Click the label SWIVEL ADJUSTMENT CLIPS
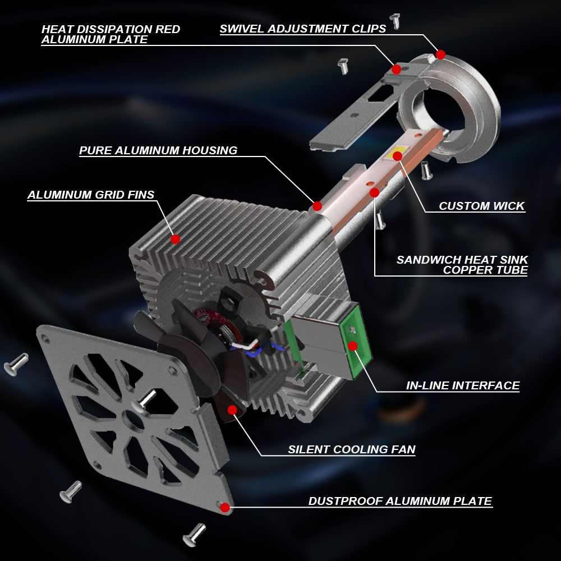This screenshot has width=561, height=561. (303, 29)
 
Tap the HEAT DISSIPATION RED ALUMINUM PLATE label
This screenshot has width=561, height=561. (111, 34)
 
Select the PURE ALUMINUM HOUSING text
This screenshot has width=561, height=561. (158, 150)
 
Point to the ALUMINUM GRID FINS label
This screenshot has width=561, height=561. (91, 195)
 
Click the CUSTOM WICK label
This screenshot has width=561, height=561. (481, 206)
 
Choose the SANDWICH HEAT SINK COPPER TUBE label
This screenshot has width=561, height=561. (462, 265)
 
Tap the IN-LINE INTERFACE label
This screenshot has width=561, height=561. (463, 385)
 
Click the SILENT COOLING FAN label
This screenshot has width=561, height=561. (352, 449)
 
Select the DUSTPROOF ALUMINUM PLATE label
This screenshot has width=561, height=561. (401, 501)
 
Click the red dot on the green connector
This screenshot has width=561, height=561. (353, 346)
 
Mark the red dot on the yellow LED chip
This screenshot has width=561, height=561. (398, 156)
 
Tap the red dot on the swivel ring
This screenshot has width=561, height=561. (441, 55)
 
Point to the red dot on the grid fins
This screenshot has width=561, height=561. (175, 239)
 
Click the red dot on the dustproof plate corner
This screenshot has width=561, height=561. (225, 507)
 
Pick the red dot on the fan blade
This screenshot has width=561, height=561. (232, 410)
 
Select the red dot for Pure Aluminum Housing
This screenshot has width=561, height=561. (318, 206)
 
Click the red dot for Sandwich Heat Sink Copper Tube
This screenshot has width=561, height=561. (375, 193)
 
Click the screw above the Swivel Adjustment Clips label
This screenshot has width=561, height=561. (395, 21)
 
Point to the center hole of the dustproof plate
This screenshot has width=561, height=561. (133, 419)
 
